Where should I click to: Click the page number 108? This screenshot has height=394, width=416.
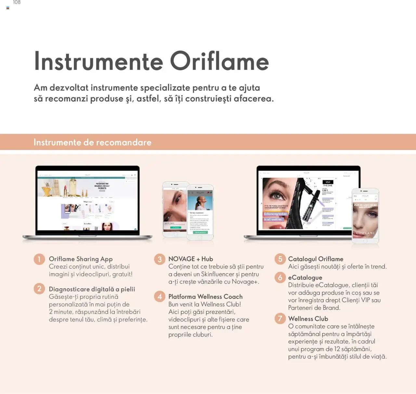pyautogui.click(x=17, y=3)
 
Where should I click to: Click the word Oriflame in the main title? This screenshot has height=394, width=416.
pyautogui.click(x=219, y=61)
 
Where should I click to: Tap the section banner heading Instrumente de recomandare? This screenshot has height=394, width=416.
pyautogui.click(x=92, y=142)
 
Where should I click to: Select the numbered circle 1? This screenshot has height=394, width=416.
pyautogui.click(x=39, y=259)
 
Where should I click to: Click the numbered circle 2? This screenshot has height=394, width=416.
pyautogui.click(x=39, y=289)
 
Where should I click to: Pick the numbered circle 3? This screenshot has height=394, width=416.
pyautogui.click(x=160, y=259)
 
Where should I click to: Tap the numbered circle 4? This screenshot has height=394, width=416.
pyautogui.click(x=160, y=296)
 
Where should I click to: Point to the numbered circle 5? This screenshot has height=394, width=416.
pyautogui.click(x=280, y=259)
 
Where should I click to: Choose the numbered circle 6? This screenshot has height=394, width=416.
pyautogui.click(x=280, y=278)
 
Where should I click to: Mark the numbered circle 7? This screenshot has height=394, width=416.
pyautogui.click(x=280, y=319)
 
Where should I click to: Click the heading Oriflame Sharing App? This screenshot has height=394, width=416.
pyautogui.click(x=81, y=259)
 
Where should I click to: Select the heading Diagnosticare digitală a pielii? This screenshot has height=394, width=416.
pyautogui.click(x=92, y=289)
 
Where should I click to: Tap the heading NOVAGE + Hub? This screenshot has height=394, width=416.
pyautogui.click(x=190, y=259)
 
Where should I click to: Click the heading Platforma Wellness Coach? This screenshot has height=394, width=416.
pyautogui.click(x=205, y=296)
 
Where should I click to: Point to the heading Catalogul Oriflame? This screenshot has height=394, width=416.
pyautogui.click(x=315, y=259)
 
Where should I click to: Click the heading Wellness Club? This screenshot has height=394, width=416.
pyautogui.click(x=308, y=319)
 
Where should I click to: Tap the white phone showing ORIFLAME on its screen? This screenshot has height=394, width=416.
pyautogui.click(x=365, y=216)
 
